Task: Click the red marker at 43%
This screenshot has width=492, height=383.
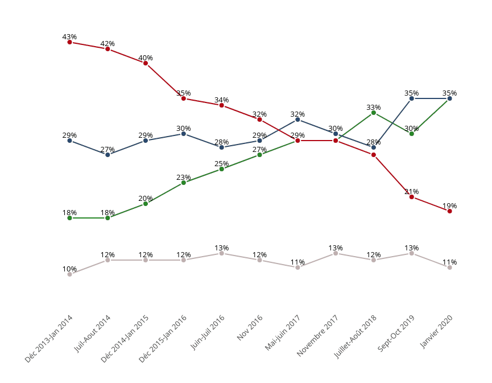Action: (x=69, y=42)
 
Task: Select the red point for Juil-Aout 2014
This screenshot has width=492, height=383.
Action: (x=108, y=49)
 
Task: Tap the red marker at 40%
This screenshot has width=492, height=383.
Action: (x=146, y=63)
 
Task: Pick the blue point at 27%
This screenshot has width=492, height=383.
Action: (x=108, y=155)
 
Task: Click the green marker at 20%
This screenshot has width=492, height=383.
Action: (x=146, y=204)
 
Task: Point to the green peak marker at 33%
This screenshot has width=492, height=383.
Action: (x=374, y=113)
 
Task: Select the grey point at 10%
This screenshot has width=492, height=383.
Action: (x=69, y=274)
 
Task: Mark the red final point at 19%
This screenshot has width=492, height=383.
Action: (x=450, y=211)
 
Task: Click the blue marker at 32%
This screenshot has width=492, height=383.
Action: (x=297, y=120)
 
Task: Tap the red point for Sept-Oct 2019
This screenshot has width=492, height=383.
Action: (x=412, y=197)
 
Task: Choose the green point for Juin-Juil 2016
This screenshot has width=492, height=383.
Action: (x=222, y=169)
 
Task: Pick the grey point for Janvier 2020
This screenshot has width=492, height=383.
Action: (x=450, y=267)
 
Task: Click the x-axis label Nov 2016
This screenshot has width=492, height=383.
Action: (x=250, y=328)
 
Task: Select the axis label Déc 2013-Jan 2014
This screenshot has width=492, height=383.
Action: (x=49, y=339)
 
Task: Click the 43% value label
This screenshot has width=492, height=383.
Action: (x=69, y=37)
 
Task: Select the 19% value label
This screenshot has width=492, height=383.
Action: (x=450, y=206)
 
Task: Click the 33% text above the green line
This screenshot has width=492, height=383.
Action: (x=374, y=108)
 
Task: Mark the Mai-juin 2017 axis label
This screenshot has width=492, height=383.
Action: (x=283, y=333)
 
